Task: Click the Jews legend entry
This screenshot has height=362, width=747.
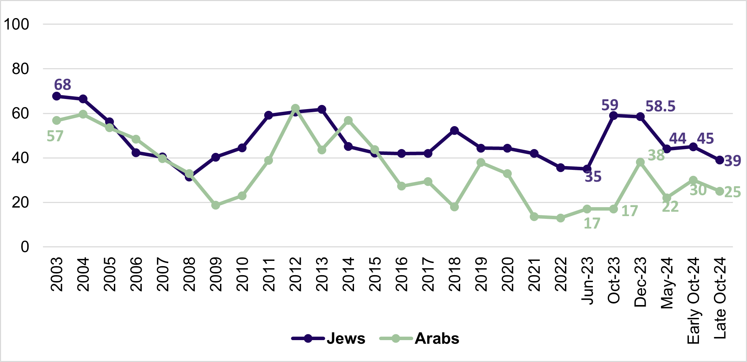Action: [x=346, y=338]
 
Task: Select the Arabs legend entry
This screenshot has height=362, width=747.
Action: [x=437, y=338]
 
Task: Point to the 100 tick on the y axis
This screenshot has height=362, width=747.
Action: [x=16, y=24]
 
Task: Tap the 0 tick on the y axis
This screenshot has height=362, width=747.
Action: [x=25, y=247]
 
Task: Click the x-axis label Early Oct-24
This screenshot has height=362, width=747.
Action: [x=693, y=301]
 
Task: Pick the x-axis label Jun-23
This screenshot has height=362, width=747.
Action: [x=587, y=281]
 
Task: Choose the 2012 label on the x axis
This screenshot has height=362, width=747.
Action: [x=295, y=274]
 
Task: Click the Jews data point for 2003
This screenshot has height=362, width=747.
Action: [x=56, y=96]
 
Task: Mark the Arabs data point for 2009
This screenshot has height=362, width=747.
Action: [x=215, y=205]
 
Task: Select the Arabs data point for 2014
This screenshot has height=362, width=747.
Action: [x=348, y=121]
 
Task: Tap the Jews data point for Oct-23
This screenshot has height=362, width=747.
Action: [x=614, y=116]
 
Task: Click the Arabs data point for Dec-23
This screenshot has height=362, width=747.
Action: [x=640, y=162]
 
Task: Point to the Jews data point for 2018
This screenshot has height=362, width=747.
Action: [x=454, y=131]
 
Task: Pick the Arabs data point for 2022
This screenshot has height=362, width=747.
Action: [x=560, y=218]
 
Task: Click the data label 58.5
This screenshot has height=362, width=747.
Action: [x=660, y=106]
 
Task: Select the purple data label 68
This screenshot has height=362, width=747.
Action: [x=63, y=85]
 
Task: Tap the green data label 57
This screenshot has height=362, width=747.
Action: [x=55, y=136]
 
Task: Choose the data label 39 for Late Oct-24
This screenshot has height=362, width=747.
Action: [x=732, y=161]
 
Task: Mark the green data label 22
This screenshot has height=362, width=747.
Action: [x=670, y=207]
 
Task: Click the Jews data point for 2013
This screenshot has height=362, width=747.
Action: [x=322, y=109]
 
